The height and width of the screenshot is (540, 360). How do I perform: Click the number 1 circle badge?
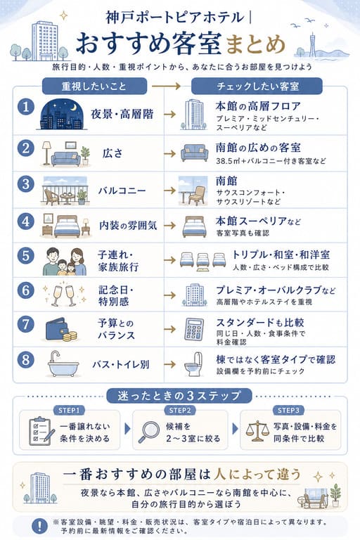click(x=26, y=107)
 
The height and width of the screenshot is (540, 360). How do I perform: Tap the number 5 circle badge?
click(x=26, y=256)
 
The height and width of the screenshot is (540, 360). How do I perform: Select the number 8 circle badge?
click(x=26, y=360)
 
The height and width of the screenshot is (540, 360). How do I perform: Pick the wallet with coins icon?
click(x=61, y=330)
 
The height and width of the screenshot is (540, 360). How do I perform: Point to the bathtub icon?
click(x=63, y=364)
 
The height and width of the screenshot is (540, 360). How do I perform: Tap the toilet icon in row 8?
click(x=193, y=364)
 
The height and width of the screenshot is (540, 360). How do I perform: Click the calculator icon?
click(x=194, y=330)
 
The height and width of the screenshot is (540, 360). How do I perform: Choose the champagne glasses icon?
click(x=64, y=295)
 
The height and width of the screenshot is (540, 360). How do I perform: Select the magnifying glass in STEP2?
click(x=149, y=432)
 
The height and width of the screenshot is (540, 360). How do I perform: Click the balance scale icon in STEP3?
click(x=257, y=431)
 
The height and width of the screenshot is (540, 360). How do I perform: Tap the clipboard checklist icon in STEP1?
click(x=41, y=431)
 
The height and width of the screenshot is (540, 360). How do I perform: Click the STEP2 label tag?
click(x=180, y=410)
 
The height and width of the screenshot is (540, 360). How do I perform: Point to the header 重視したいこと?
click(x=94, y=86)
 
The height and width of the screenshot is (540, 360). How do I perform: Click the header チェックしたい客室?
click(x=257, y=86)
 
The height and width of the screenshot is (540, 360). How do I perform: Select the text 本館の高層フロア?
click(x=258, y=105)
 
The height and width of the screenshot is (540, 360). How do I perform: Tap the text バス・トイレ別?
click(x=120, y=364)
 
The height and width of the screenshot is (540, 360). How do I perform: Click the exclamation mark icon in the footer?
click(x=40, y=525)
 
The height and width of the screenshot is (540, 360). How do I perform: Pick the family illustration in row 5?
click(x=65, y=262)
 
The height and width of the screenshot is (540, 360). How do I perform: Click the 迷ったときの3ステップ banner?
click(x=179, y=396)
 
